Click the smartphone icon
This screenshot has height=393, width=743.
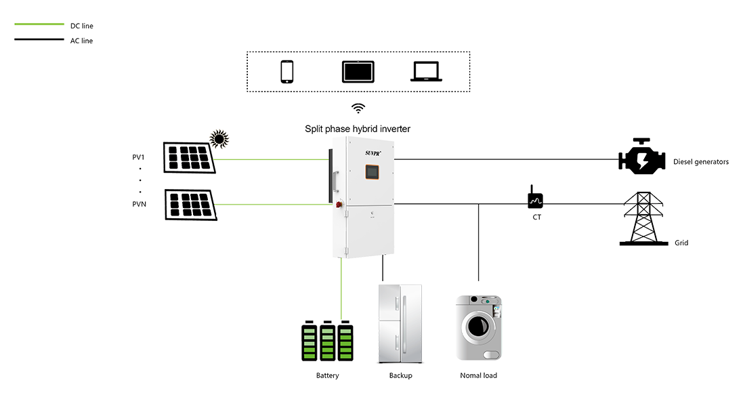[x=287, y=71]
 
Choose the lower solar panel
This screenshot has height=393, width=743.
[x=190, y=204]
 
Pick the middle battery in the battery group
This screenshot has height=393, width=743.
[x=328, y=344]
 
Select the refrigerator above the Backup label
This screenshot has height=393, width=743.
[x=401, y=325]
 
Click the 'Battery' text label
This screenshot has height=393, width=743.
[x=328, y=374]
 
